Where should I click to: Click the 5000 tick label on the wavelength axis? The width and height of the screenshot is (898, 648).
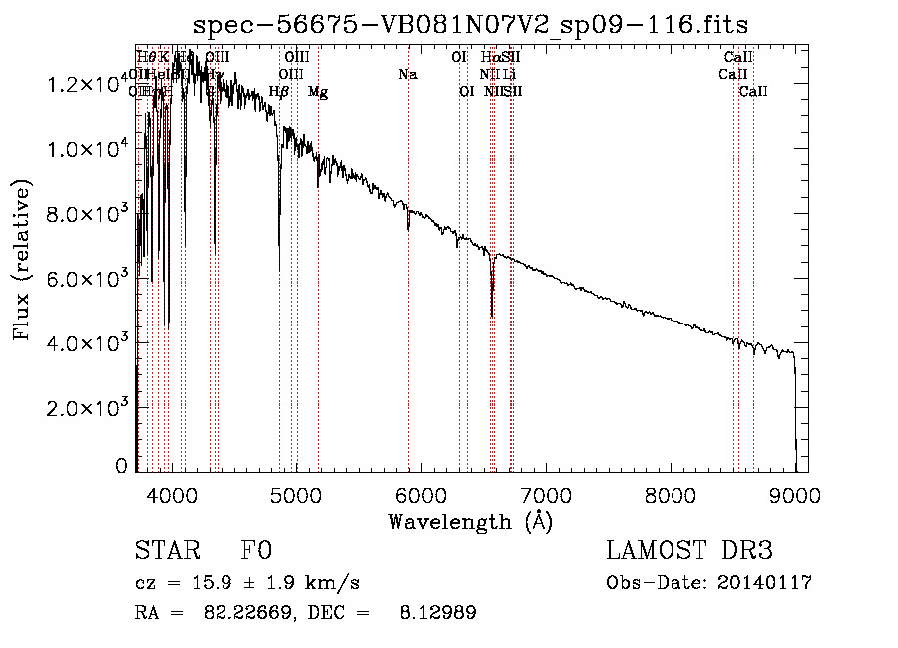(x=296, y=493)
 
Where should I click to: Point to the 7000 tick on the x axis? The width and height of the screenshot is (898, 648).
(x=546, y=493)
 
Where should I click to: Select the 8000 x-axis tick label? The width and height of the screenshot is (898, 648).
(x=671, y=493)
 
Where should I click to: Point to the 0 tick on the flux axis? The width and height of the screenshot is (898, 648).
(x=121, y=466)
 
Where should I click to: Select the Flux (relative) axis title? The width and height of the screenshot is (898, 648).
(x=22, y=262)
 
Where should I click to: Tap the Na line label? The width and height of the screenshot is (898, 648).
(x=407, y=74)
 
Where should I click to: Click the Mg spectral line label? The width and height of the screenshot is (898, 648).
(x=318, y=92)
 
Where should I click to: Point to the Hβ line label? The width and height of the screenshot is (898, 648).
(x=279, y=92)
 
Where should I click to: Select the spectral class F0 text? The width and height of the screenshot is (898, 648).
(x=256, y=551)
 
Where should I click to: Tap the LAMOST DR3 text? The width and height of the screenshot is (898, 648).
(x=689, y=551)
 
